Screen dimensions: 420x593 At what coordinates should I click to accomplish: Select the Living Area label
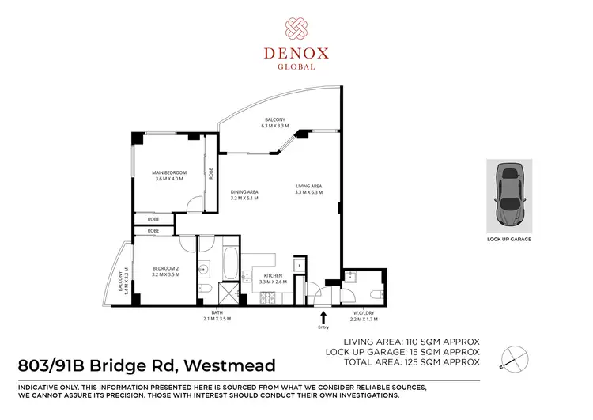pyautogui.click(x=309, y=188)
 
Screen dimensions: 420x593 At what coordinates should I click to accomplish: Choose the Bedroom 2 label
pyautogui.click(x=166, y=272)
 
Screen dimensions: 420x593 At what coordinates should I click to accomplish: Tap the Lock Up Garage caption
pyautogui.click(x=509, y=239)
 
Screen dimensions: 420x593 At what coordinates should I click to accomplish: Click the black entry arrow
pyautogui.click(x=323, y=316)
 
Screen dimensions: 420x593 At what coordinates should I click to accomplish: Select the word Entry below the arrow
pyautogui.click(x=323, y=327)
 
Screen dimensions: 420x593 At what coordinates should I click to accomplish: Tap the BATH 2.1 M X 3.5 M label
pyautogui.click(x=215, y=317)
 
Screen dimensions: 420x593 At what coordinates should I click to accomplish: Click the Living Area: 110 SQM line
pyautogui.click(x=413, y=341)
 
